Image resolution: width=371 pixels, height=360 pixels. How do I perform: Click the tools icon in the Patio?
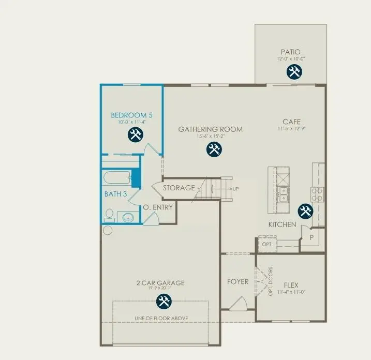[294, 72]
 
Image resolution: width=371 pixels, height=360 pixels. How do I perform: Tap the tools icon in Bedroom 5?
[135, 135]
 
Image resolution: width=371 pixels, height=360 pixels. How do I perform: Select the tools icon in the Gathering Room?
[214, 149]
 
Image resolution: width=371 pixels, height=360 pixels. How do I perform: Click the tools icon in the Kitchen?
[305, 211]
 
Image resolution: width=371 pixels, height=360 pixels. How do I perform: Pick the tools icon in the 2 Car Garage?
[164, 300]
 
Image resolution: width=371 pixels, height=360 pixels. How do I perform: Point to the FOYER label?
[238, 282]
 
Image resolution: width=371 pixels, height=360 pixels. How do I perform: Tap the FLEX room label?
[291, 285]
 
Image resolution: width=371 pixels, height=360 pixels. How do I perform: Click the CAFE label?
[291, 122]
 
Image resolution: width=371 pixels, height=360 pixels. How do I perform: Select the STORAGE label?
[179, 188]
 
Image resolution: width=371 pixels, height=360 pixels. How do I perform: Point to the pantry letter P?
[311, 237]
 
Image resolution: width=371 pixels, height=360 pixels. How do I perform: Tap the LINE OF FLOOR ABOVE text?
[161, 318]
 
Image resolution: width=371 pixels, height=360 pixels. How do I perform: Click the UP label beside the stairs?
[236, 189]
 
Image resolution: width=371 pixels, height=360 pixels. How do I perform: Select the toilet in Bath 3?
[109, 214]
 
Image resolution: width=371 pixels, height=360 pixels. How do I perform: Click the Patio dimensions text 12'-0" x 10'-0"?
[291, 59]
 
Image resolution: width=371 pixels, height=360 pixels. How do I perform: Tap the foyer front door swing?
[239, 304]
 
